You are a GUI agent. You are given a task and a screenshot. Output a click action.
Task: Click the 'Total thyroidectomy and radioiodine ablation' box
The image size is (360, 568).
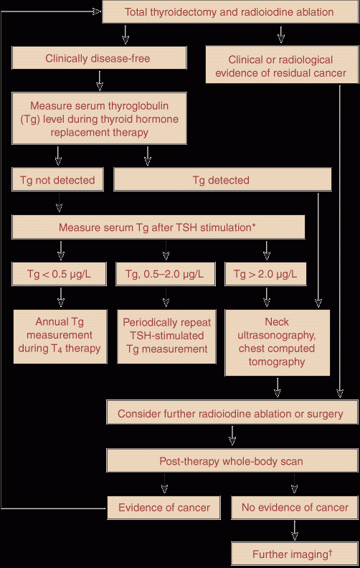(x=230, y=12)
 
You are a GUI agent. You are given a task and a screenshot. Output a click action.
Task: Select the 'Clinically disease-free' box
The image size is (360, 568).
(x=99, y=58)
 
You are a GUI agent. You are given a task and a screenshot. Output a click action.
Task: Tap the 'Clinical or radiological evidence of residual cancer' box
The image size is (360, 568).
(x=282, y=65)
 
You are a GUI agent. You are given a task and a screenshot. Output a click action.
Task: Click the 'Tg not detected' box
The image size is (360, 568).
(x=57, y=179)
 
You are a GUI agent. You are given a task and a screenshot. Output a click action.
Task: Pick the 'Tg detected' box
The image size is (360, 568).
(x=222, y=179)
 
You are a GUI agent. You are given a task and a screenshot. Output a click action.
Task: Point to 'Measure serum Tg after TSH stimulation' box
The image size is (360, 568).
(x=158, y=227)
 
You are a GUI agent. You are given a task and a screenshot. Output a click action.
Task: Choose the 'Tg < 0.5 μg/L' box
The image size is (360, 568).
(x=60, y=274)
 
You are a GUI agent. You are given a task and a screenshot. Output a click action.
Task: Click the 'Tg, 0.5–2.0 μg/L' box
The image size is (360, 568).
(x=166, y=274)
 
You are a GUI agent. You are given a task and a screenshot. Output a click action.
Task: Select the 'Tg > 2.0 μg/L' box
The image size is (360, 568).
(x=265, y=274)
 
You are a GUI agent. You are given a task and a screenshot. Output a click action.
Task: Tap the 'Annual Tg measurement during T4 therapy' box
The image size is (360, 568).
(x=60, y=336)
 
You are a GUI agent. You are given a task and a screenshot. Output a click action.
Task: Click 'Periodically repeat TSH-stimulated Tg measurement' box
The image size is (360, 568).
(x=166, y=336)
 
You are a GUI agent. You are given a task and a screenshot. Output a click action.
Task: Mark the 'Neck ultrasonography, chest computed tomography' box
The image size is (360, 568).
(x=278, y=342)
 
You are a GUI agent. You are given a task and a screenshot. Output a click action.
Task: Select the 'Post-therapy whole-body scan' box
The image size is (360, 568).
(x=232, y=460)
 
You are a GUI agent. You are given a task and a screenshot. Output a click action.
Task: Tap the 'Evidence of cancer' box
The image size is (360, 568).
(x=164, y=508)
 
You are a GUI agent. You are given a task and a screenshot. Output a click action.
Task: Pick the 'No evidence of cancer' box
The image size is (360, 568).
(x=295, y=508)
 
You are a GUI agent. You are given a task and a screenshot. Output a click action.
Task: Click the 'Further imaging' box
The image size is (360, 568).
(x=295, y=554)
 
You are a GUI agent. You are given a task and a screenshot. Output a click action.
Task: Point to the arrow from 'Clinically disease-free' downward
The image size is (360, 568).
(x=100, y=80)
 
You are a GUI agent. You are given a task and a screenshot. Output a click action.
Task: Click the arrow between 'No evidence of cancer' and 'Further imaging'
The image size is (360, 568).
(x=295, y=531)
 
